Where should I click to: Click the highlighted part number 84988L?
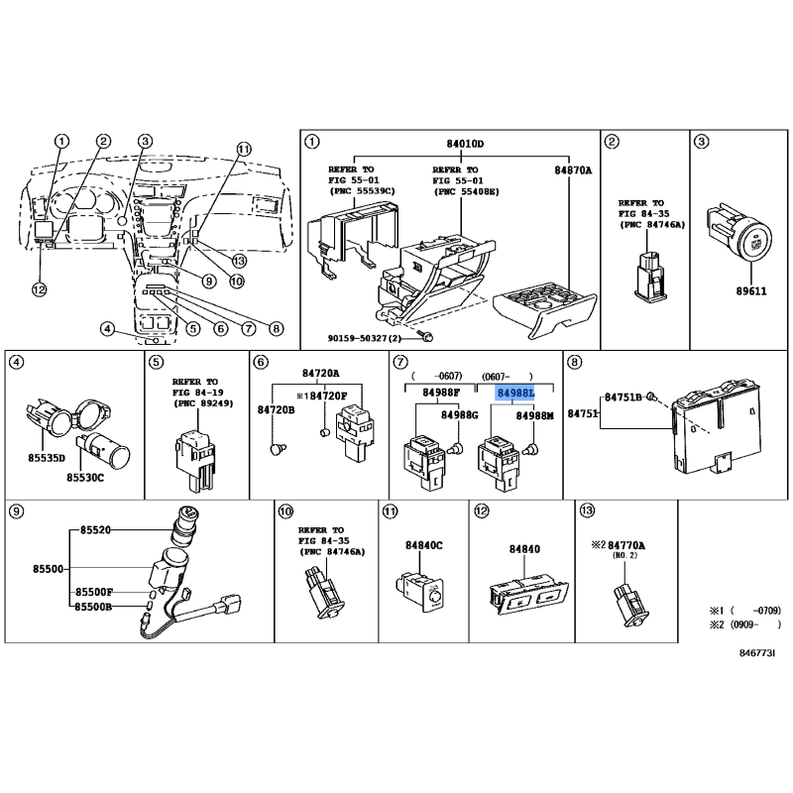click(515, 393)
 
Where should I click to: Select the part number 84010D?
click(465, 144)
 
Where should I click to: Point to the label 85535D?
click(47, 458)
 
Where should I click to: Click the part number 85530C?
click(85, 478)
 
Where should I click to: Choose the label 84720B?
click(277, 409)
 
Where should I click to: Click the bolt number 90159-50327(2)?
click(364, 338)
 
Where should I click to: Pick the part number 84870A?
click(573, 170)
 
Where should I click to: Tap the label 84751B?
click(623, 397)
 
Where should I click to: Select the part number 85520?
click(95, 530)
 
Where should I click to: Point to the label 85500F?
click(94, 592)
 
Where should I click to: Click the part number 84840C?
click(424, 545)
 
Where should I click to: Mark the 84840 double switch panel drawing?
click(529, 594)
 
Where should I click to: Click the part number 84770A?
click(626, 545)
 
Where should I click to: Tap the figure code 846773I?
click(757, 653)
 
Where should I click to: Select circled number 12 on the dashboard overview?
click(39, 289)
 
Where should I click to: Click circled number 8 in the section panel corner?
click(574, 362)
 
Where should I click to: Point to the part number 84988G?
click(460, 414)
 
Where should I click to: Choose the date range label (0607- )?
click(507, 377)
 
